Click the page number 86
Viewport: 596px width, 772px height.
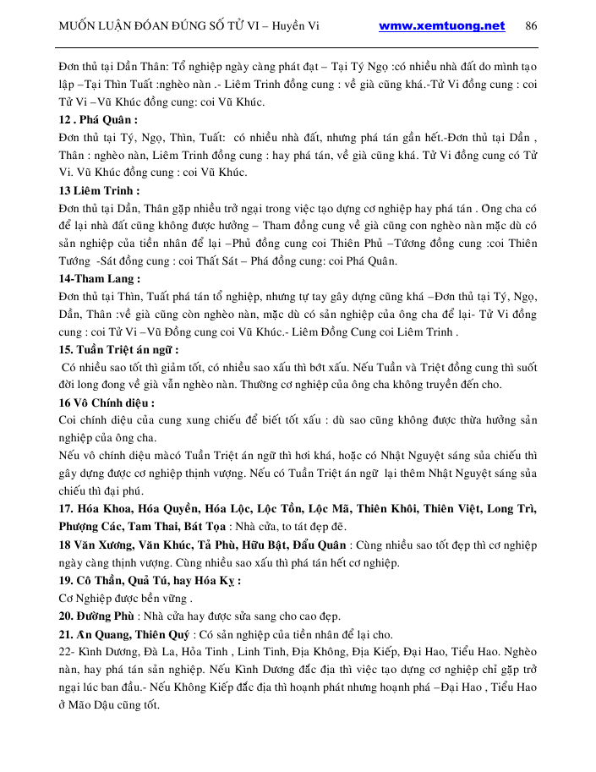pyautogui.click(x=531, y=25)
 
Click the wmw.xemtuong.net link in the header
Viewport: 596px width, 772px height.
pyautogui.click(x=442, y=25)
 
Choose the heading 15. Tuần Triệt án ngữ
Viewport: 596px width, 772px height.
pyautogui.click(x=118, y=349)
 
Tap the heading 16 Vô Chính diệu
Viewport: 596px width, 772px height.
pyautogui.click(x=107, y=402)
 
